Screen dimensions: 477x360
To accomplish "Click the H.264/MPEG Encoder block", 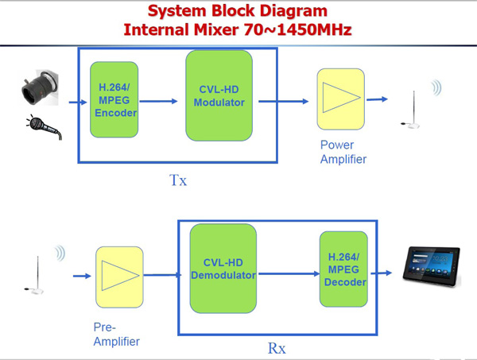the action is pos(114,99).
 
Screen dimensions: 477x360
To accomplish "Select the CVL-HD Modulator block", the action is pos(219,96).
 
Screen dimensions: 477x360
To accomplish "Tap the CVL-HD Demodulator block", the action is pos(223,269).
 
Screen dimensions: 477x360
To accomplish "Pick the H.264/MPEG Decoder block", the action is pos(343,269).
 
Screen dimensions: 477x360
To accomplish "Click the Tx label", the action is pos(178,180).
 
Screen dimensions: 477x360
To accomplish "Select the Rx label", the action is pos(277,348).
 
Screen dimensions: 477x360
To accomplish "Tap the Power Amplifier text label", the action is pos(343,152).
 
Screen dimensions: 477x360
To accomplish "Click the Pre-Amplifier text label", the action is pos(117,335).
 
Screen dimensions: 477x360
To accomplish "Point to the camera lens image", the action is pos(41,87).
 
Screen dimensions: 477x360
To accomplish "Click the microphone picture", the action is pos(45,127).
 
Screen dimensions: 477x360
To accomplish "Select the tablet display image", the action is pos(432,267).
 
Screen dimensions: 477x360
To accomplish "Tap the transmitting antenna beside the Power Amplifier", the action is pos(412,110).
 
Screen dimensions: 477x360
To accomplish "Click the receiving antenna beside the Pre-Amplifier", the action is pos(35,276).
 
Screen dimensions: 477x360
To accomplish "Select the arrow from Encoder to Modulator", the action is pos(158,101).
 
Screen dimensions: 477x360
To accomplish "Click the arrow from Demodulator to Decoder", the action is pos(289,273).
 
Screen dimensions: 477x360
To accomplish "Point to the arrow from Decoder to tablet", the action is pos(382,273).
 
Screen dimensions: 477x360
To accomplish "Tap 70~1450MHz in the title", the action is pos(298,29).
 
